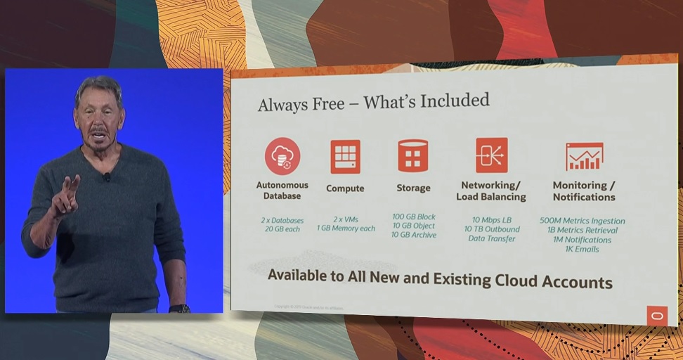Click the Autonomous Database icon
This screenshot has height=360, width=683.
pos(282,156)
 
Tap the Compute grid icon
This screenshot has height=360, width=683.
pos(345,156)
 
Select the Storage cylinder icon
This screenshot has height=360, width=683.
pos(413,155)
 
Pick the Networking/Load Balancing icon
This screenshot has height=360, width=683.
pos(491,155)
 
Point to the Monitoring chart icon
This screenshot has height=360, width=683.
pos(584,157)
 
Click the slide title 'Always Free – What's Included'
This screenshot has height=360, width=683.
pos(373,103)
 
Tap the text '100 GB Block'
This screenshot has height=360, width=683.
pos(414,217)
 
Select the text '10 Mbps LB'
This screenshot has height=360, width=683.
pos(492,220)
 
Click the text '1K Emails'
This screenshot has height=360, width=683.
pos(582,250)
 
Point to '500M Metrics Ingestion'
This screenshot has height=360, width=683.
pos(582,221)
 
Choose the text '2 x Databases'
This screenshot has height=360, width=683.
pos(282,220)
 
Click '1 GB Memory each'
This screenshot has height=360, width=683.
pos(345,229)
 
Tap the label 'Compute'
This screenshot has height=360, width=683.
pos(345,188)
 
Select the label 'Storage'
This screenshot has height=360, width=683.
pos(413,188)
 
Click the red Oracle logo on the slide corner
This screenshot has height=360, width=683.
pos(657,316)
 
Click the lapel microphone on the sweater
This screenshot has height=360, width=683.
pos(107,177)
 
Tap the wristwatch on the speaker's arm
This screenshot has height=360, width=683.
pos(180,308)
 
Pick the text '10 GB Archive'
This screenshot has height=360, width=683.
pos(414,235)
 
